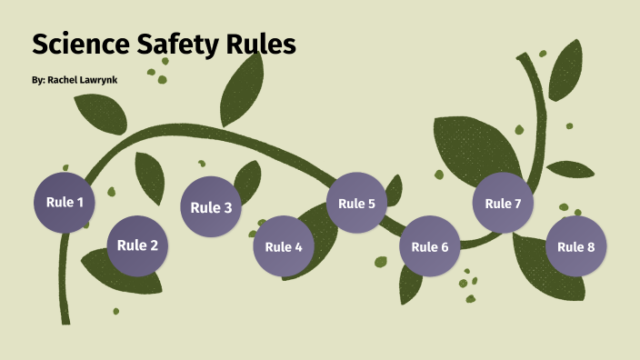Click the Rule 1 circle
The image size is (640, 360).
[65, 202]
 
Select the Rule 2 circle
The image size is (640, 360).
[138, 245]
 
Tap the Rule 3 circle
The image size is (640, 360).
[211, 207]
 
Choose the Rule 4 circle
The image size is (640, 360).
[284, 246]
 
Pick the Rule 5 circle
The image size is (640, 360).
[356, 203]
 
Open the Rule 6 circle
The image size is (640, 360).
[429, 246]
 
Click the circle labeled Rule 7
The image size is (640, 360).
[503, 203]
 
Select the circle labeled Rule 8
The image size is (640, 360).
[575, 246]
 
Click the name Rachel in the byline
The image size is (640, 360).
[65, 80]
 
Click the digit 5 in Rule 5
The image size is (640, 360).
[371, 203]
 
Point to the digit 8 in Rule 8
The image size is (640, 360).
[590, 246]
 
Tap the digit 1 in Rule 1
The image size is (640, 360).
[80, 202]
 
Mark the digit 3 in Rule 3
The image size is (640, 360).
[226, 207]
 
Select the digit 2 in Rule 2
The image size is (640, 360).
[154, 245]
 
